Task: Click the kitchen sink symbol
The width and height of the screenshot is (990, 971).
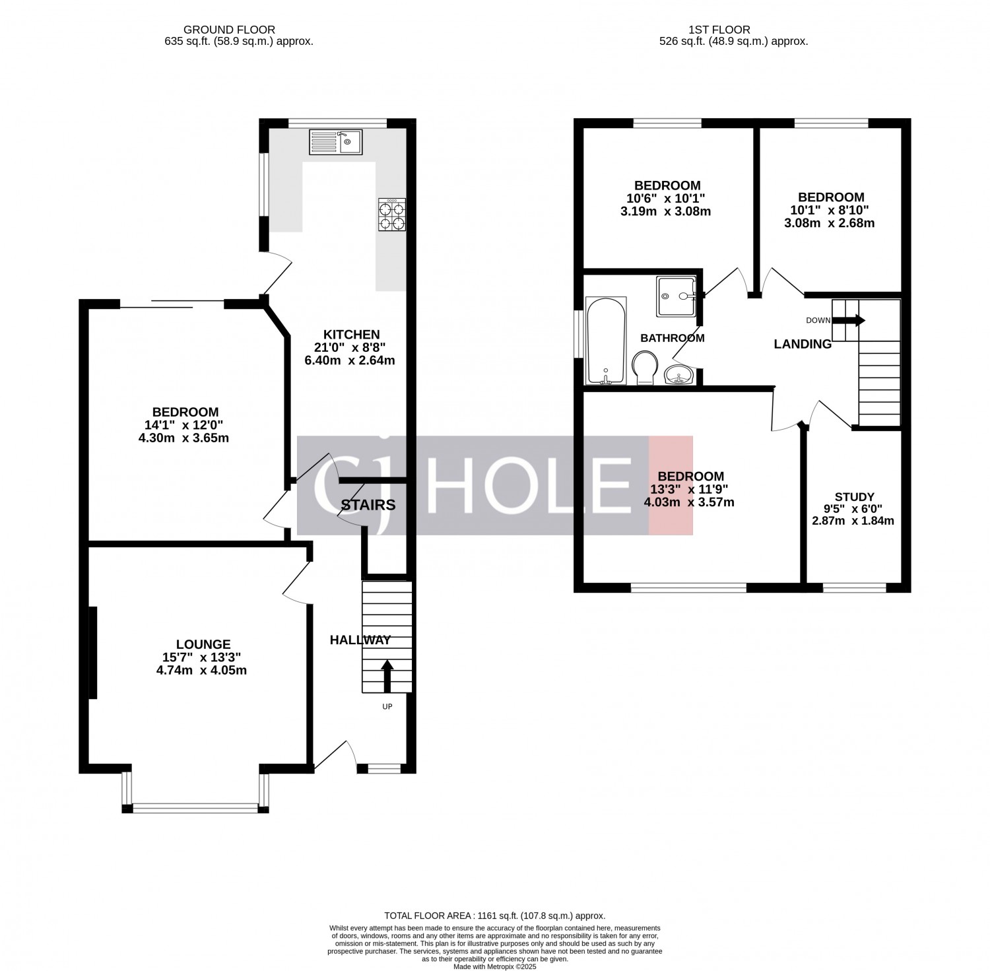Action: pyautogui.click(x=336, y=142)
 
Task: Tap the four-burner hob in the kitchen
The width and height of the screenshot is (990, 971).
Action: pyautogui.click(x=391, y=215)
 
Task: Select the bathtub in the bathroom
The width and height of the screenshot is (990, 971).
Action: pyautogui.click(x=606, y=341)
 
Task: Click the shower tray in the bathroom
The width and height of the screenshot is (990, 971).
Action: pyautogui.click(x=676, y=296)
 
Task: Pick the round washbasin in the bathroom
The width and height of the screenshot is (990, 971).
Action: pyautogui.click(x=678, y=375)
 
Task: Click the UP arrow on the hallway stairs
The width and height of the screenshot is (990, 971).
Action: pyautogui.click(x=387, y=676)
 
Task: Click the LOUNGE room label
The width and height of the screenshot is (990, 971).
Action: pyautogui.click(x=203, y=644)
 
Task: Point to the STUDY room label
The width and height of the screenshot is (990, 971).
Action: pyautogui.click(x=854, y=497)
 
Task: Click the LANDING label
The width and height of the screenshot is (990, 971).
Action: pyautogui.click(x=803, y=344)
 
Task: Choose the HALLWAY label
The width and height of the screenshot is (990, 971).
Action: pyautogui.click(x=360, y=640)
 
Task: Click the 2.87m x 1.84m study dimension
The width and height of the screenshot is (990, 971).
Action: pyautogui.click(x=853, y=521)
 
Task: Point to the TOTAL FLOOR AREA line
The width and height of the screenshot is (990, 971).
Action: pyautogui.click(x=495, y=916)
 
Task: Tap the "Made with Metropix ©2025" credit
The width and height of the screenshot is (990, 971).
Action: pyautogui.click(x=495, y=967)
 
